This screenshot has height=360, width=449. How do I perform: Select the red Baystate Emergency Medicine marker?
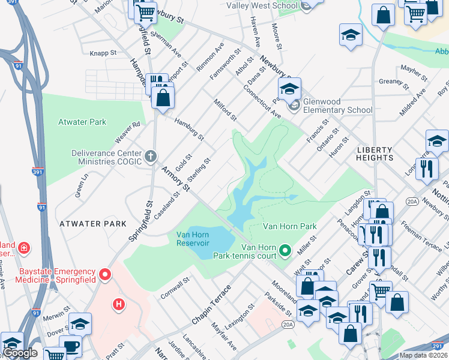(106, 275)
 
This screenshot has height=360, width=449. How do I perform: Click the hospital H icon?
(119, 305)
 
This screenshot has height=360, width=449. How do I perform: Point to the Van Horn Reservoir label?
(192, 239)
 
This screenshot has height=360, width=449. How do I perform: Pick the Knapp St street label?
(103, 53)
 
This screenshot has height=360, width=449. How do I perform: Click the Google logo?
(20, 353)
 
